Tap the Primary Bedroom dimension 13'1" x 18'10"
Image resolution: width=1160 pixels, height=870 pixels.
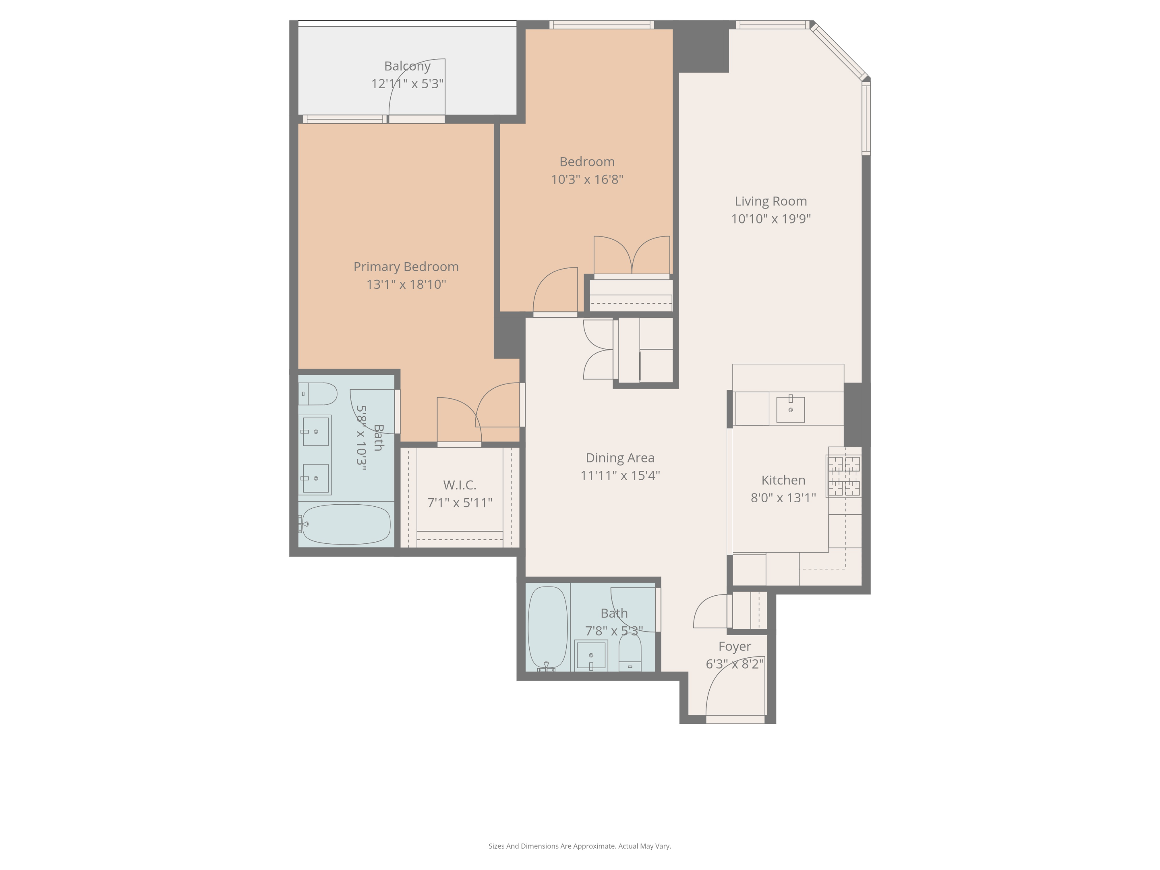click(406, 284)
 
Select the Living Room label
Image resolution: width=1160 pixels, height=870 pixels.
click(771, 201)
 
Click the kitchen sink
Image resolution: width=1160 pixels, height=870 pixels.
click(790, 409)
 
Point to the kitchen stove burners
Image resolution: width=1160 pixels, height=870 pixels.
click(844, 476)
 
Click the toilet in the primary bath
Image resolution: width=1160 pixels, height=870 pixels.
click(318, 394)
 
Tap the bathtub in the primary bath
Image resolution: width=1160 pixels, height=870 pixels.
click(346, 524)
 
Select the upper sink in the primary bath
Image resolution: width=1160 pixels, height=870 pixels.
click(316, 432)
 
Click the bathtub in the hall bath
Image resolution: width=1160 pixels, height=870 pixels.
click(547, 627)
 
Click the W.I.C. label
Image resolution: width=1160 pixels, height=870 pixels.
click(460, 485)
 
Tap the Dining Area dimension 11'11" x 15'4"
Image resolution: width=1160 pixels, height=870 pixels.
click(620, 476)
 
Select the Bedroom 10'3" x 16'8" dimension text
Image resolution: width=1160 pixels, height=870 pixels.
click(587, 179)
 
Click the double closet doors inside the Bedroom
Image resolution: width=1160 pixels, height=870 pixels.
click(632, 256)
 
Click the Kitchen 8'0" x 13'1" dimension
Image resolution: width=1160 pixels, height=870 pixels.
click(783, 498)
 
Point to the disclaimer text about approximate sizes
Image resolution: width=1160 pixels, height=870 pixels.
click(580, 846)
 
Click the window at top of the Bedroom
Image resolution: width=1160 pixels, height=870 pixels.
click(601, 25)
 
